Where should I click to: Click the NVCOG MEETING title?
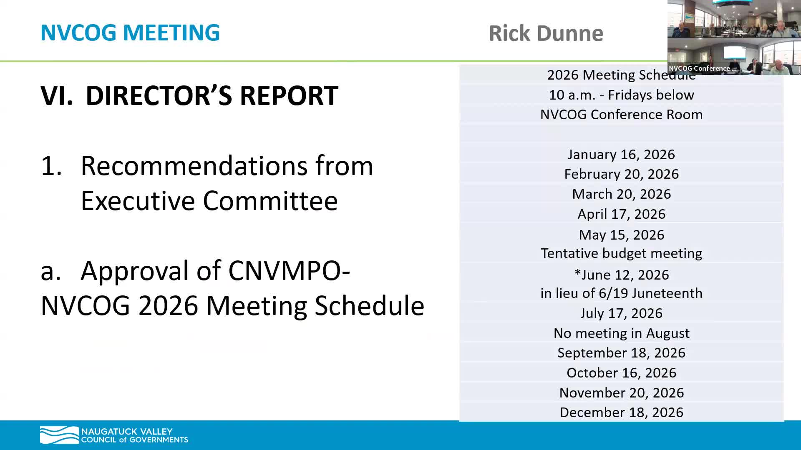pyautogui.click(x=130, y=32)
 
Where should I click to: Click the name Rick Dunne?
pyautogui.click(x=546, y=33)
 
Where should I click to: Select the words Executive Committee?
pyautogui.click(x=209, y=201)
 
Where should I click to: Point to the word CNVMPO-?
pyautogui.click(x=289, y=271)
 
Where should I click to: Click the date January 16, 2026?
pyautogui.click(x=621, y=155)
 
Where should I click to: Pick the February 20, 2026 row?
pyautogui.click(x=621, y=174)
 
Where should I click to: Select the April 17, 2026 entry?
pyautogui.click(x=621, y=214)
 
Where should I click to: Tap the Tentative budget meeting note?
pyautogui.click(x=621, y=253)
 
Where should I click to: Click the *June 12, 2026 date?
pyautogui.click(x=621, y=275)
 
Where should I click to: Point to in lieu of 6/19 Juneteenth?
pyautogui.click(x=621, y=293)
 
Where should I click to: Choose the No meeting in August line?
pyautogui.click(x=621, y=333)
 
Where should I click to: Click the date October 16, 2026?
pyautogui.click(x=621, y=373)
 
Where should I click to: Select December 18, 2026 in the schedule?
pyautogui.click(x=621, y=412)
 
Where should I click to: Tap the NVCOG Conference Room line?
pyautogui.click(x=621, y=115)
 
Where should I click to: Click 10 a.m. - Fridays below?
pyautogui.click(x=621, y=95)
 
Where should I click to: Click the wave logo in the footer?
pyautogui.click(x=59, y=435)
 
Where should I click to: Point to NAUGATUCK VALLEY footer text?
pyautogui.click(x=126, y=431)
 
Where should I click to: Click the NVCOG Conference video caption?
pyautogui.click(x=699, y=69)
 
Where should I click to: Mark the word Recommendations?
pyautogui.click(x=227, y=166)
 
